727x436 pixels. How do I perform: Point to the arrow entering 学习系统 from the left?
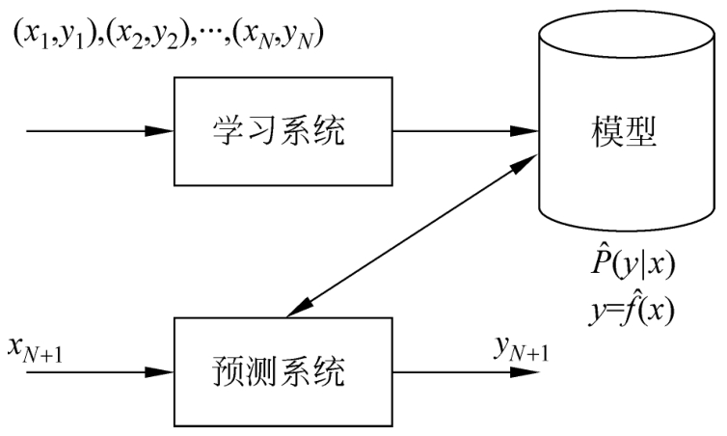tap(96, 129)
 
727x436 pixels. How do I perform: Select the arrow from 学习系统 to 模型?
tap(468, 129)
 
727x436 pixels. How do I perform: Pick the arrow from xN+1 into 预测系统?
tap(96, 370)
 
